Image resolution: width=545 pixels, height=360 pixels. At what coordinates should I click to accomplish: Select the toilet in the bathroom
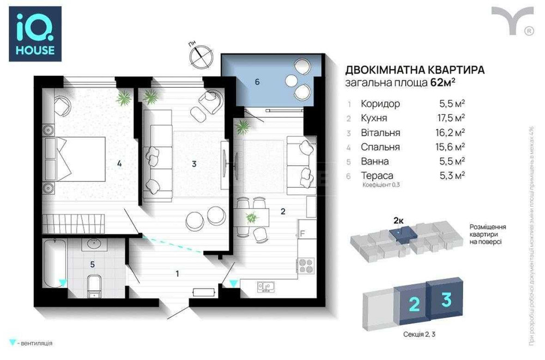94,286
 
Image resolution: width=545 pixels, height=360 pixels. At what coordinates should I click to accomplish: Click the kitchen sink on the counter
267,285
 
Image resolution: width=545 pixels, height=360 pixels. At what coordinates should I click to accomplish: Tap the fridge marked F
306,234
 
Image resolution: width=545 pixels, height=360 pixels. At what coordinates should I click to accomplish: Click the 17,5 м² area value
452,118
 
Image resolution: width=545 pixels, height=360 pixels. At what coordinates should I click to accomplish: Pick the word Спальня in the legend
380,147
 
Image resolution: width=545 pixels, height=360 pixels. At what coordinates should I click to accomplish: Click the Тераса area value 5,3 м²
452,175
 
